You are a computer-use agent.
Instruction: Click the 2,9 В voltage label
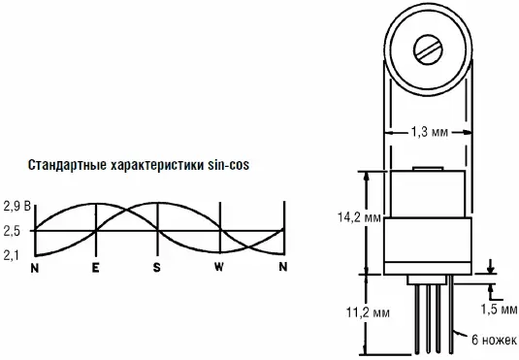[16, 206]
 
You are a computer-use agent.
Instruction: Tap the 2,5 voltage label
[12, 231]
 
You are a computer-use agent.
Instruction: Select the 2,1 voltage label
[11, 255]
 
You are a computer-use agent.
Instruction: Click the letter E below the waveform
[95, 267]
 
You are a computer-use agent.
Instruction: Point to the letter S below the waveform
[156, 267]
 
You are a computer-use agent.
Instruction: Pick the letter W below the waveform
[219, 267]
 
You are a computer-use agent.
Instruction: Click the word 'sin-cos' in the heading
[228, 165]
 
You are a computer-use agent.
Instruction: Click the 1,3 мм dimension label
[430, 132]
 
